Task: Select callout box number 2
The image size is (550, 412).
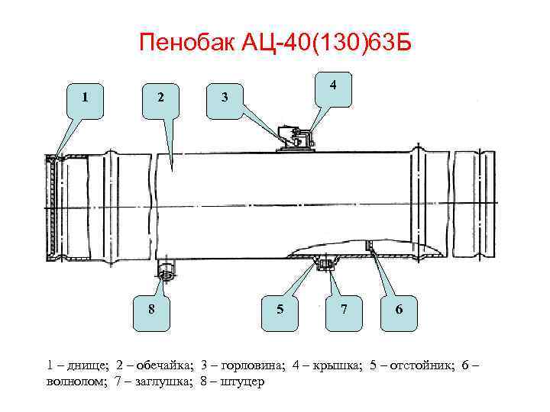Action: (x=160, y=98)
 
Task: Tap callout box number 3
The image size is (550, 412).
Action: (x=224, y=98)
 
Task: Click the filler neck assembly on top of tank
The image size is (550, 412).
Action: (x=295, y=140)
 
